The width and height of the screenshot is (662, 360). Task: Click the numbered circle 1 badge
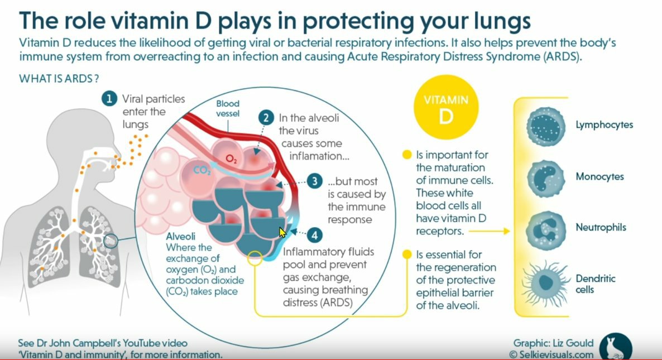[109, 99]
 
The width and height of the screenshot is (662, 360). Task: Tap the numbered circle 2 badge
[267, 118]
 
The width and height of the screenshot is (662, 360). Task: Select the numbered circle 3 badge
[315, 181]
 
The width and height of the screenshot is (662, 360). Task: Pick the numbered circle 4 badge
[315, 235]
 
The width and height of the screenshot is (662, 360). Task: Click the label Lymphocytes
[604, 124]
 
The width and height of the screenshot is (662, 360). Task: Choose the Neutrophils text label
[601, 228]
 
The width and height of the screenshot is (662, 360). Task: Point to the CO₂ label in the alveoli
[201, 170]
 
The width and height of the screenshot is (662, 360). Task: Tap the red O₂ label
[231, 160]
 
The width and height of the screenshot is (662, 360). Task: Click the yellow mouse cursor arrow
[282, 232]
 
